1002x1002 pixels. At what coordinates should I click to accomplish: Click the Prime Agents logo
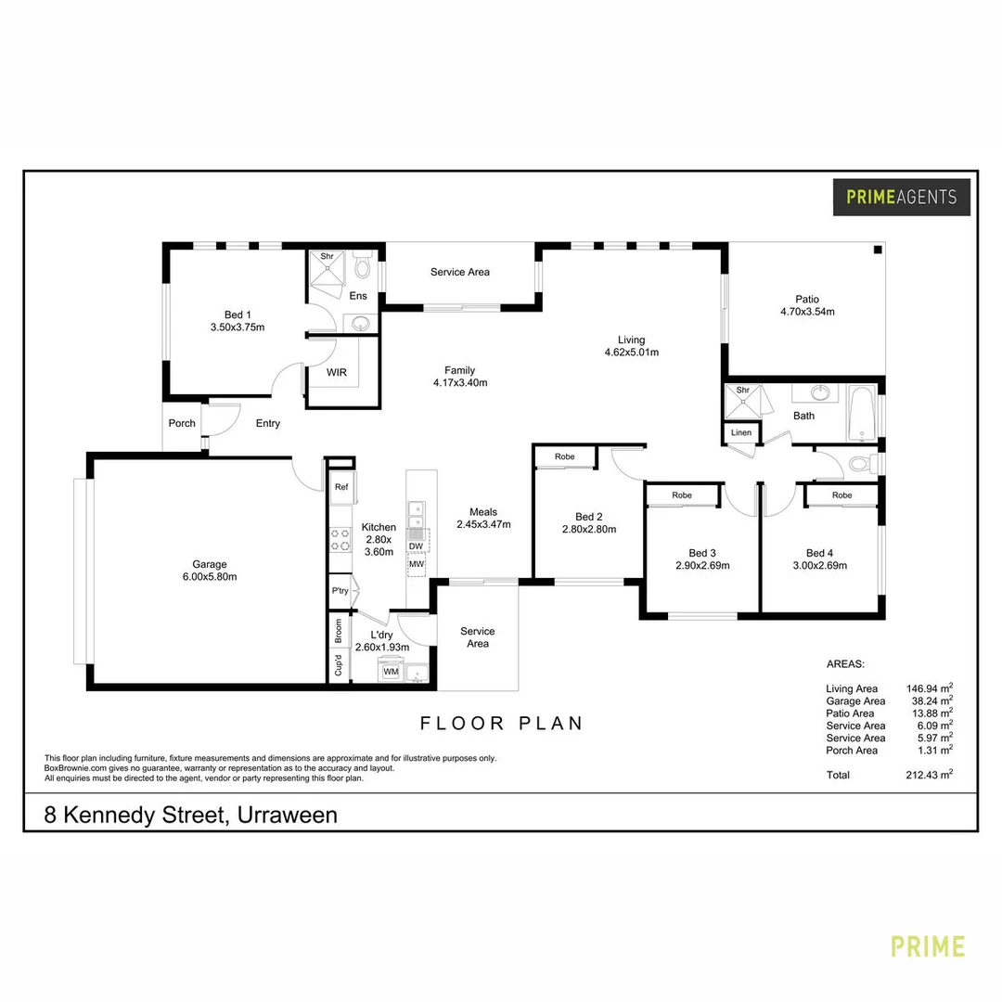pyautogui.click(x=901, y=197)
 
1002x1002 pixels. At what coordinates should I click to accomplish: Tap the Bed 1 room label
pyautogui.click(x=238, y=315)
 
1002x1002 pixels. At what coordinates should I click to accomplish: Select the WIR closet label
pyautogui.click(x=337, y=372)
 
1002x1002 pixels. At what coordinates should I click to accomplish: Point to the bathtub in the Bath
pyautogui.click(x=862, y=415)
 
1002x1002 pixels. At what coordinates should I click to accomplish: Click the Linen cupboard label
pyautogui.click(x=741, y=433)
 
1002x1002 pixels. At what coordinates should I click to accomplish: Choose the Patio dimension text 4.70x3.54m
pyautogui.click(x=806, y=312)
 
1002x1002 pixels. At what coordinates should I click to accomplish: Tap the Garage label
pyautogui.click(x=209, y=564)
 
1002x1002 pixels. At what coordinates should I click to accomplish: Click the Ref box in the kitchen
pyautogui.click(x=341, y=487)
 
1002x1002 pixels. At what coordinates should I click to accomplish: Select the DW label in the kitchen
pyautogui.click(x=416, y=546)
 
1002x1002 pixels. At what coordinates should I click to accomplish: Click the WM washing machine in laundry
pyautogui.click(x=391, y=670)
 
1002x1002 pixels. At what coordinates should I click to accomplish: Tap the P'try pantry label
pyautogui.click(x=340, y=591)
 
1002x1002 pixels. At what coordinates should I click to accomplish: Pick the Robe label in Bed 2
pyautogui.click(x=564, y=457)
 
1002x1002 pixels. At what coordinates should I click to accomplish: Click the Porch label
pyautogui.click(x=182, y=423)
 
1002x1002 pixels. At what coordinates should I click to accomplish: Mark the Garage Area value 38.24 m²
pyautogui.click(x=929, y=701)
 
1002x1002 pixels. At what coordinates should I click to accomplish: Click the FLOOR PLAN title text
pyautogui.click(x=502, y=723)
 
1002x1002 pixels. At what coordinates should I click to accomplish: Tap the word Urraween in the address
pyautogui.click(x=288, y=816)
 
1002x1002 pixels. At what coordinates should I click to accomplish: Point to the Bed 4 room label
pyautogui.click(x=819, y=553)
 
